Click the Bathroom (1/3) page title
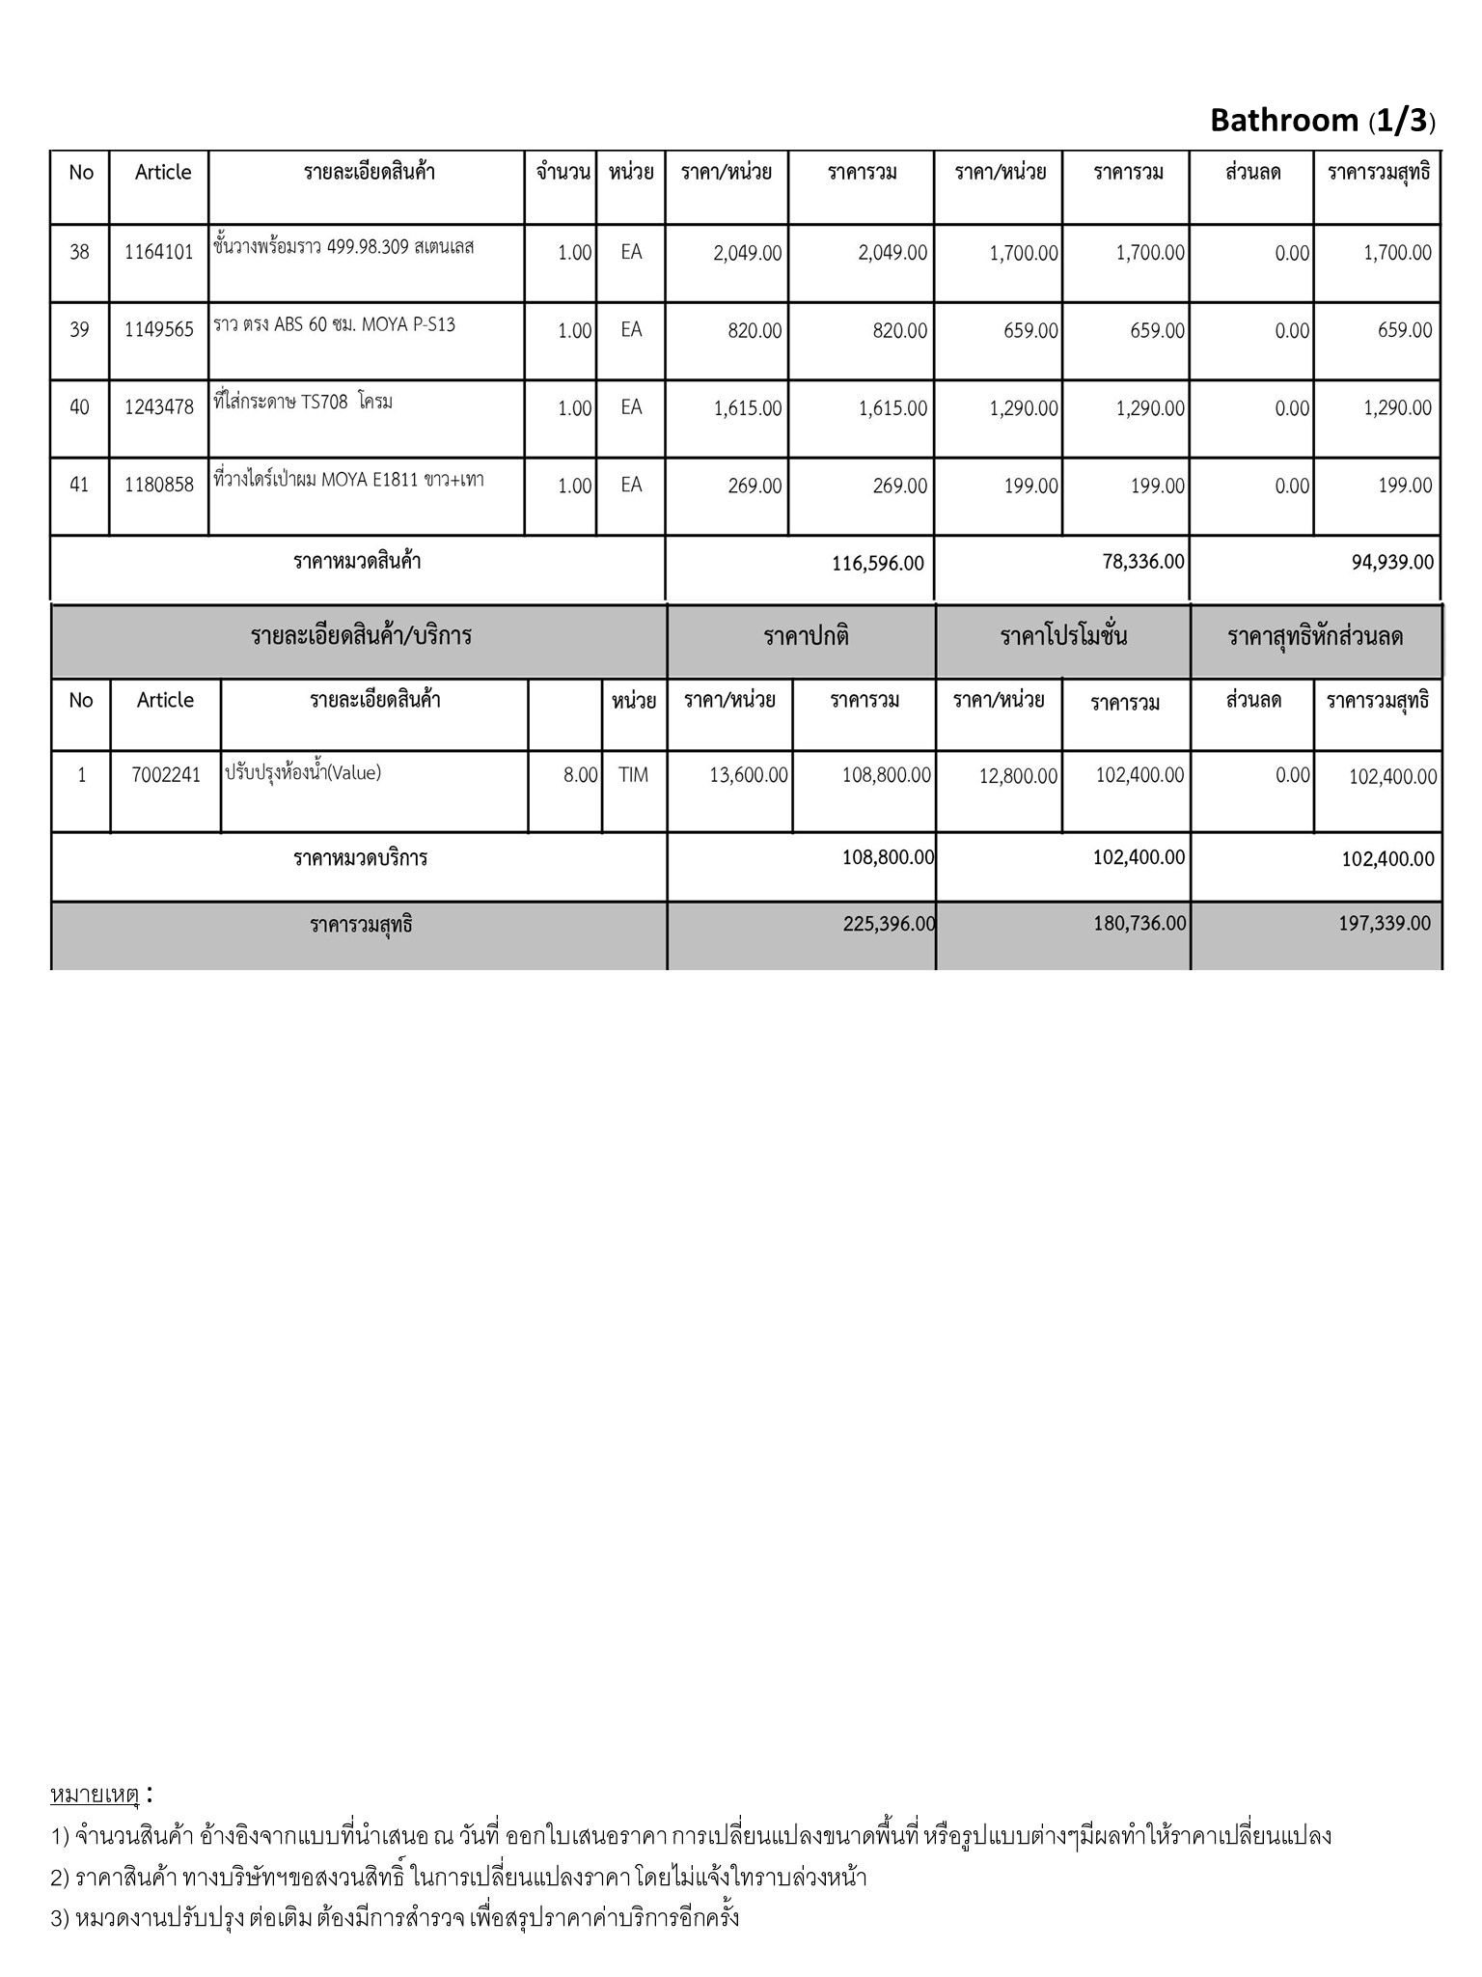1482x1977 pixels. (x=1322, y=121)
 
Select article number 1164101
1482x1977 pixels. (x=159, y=253)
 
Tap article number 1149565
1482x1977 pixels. (x=159, y=330)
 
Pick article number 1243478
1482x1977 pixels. (x=159, y=407)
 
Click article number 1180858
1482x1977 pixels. (x=159, y=485)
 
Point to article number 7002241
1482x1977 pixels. (x=166, y=775)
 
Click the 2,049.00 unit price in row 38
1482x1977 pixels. (x=748, y=254)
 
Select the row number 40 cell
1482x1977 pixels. (x=79, y=407)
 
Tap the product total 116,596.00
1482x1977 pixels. (x=877, y=564)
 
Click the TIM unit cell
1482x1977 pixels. (x=633, y=774)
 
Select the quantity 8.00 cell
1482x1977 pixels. (x=581, y=775)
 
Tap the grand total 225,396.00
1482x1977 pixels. (x=889, y=924)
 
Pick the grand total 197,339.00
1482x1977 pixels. (x=1385, y=924)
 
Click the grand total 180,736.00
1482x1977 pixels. (x=1139, y=924)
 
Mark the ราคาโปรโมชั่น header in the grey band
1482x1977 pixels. (x=1063, y=637)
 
